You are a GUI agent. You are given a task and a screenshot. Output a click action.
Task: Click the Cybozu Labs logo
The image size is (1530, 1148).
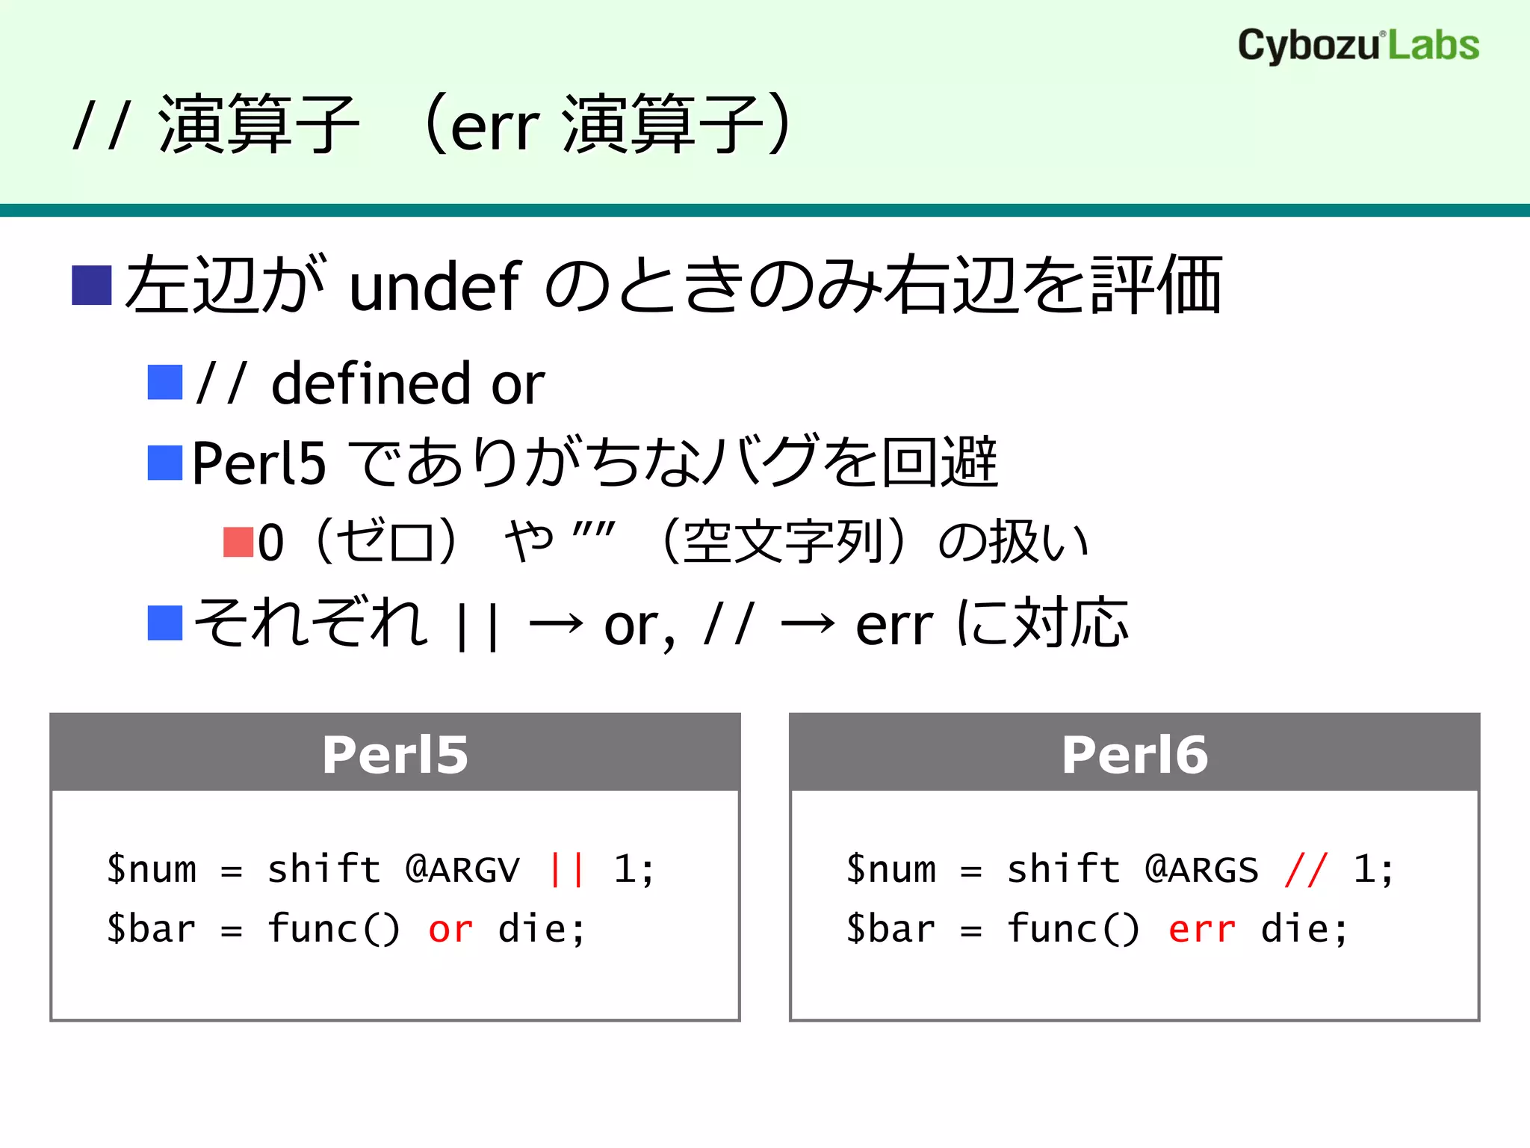point(1358,45)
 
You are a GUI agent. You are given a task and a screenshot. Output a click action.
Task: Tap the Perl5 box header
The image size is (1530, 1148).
point(395,753)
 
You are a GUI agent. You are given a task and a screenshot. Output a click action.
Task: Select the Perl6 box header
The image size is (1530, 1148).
point(1134,753)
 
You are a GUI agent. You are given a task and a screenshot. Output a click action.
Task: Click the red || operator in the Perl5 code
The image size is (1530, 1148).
point(566,869)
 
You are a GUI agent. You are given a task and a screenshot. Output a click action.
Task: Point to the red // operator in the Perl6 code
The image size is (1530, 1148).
point(1306,869)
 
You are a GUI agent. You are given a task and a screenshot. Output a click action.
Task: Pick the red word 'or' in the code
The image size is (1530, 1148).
point(450,930)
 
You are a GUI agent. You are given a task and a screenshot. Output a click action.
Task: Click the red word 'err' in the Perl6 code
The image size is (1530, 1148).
point(1201,930)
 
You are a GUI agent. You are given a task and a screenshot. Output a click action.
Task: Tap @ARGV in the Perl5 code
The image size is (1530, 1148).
point(462,869)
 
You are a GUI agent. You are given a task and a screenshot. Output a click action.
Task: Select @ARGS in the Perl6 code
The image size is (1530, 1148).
point(1202,869)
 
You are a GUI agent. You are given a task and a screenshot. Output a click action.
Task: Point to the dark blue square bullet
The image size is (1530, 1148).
point(92,286)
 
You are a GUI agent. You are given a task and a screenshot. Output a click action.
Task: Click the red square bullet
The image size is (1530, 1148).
point(238,543)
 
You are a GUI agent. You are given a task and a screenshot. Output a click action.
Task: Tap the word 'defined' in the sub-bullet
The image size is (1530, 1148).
point(371,383)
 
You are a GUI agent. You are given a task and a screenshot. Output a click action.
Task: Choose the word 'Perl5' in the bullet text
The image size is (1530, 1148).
point(258,463)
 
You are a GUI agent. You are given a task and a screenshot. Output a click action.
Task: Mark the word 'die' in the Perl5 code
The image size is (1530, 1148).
point(532,930)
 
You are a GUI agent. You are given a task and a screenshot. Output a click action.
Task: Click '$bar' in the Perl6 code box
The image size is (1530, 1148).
point(891,930)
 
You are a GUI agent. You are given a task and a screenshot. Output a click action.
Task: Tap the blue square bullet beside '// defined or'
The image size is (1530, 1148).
point(165,383)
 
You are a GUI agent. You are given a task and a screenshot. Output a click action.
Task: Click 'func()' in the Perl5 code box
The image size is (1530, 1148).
point(334,930)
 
